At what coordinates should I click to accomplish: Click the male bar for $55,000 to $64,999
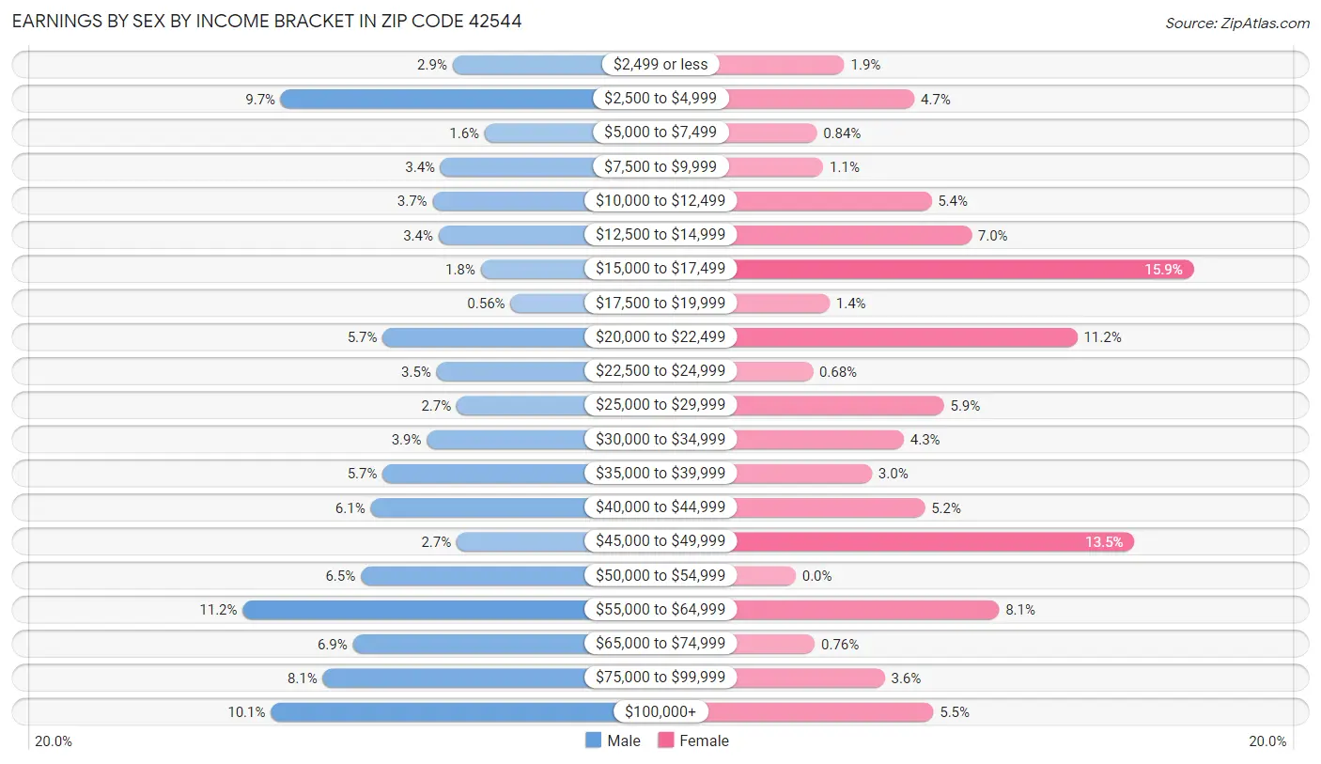418,610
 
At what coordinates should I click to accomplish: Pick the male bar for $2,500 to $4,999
437,99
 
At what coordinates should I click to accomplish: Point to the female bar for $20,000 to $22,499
905,337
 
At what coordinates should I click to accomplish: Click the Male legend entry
613,741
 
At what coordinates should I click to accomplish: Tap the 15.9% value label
1165,270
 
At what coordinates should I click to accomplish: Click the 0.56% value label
486,304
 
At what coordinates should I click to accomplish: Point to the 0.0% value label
816,576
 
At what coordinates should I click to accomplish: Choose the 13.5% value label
1105,542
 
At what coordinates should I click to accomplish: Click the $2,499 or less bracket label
660,64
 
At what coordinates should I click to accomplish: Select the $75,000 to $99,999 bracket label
660,678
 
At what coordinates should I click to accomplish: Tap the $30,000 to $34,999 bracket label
660,439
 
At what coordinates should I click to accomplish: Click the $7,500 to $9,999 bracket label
660,166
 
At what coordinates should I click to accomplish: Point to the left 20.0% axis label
54,741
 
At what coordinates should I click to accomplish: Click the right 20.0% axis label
1267,741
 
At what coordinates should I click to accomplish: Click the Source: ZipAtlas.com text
1236,23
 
